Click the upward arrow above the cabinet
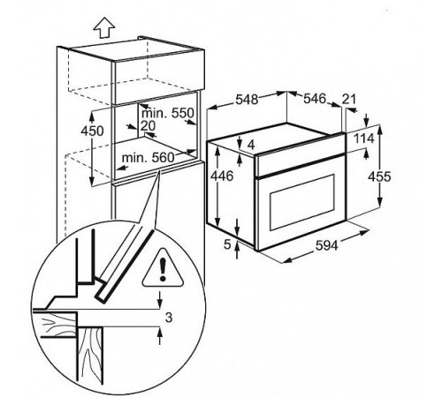point(104,27)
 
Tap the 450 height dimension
point(92,131)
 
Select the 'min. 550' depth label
point(168,113)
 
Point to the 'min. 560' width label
point(149,158)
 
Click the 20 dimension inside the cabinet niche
point(148,126)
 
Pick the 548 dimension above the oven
point(247,100)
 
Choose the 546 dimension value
point(315,99)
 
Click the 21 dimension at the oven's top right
point(349,100)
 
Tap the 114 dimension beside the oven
point(363,139)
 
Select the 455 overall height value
point(379,176)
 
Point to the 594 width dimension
point(326,245)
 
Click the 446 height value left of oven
point(222,176)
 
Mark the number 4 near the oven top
point(251,145)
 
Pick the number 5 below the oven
point(227,244)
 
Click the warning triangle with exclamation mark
point(163,267)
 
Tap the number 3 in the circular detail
point(169,318)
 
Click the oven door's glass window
point(302,202)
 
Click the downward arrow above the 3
point(159,300)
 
